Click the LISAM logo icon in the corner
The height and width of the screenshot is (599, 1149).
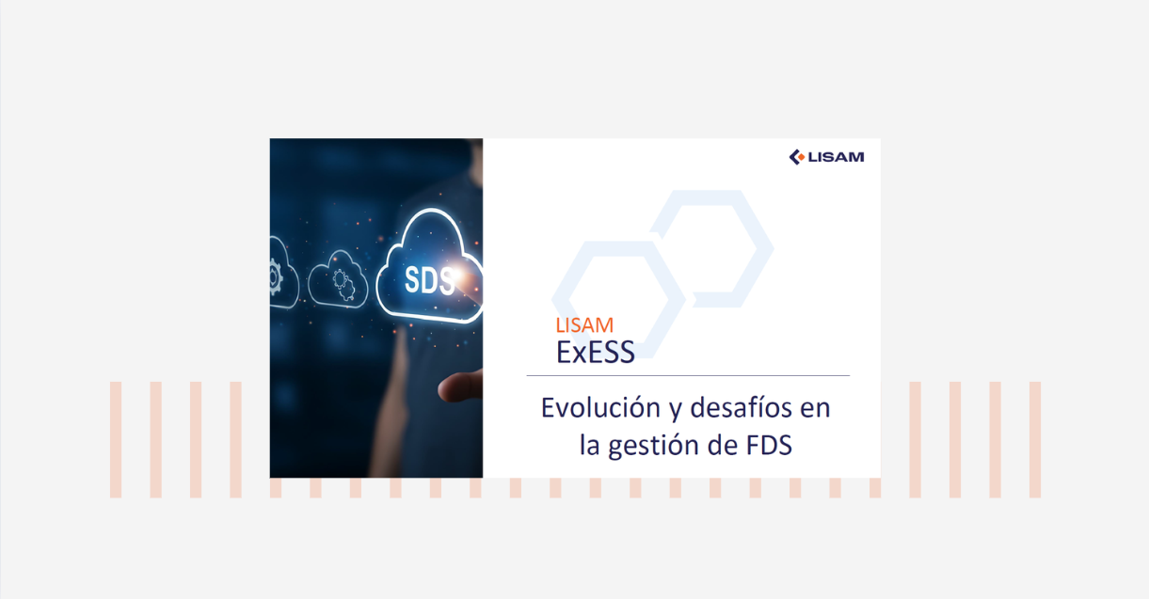coord(797,157)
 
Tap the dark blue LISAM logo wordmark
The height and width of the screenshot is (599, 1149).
coord(836,157)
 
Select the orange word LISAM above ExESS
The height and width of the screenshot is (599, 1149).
coord(584,326)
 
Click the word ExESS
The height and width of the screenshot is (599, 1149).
coord(595,352)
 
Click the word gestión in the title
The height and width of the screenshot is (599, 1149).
coord(651,445)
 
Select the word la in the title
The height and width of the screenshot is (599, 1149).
coord(590,445)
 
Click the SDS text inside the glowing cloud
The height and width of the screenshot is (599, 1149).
coord(429,279)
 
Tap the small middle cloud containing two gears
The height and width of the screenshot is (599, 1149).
coord(338,278)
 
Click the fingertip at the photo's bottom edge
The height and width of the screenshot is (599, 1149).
coord(461,384)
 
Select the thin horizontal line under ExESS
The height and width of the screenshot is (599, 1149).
coord(687,376)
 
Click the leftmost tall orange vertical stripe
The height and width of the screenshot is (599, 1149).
coord(116,439)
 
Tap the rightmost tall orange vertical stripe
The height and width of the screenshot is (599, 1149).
coord(1035,439)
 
